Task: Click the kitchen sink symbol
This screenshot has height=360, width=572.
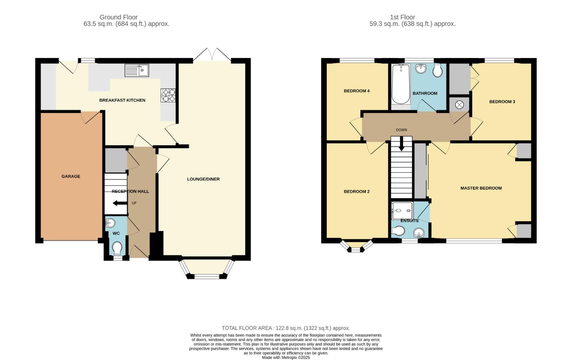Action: tap(137, 70)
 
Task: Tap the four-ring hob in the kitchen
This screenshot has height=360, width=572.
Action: tap(168, 95)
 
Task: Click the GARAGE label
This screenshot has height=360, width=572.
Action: tap(71, 176)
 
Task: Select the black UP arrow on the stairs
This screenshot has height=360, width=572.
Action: tap(118, 203)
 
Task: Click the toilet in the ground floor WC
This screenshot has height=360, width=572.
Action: tap(117, 248)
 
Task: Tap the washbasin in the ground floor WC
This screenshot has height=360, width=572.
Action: tap(110, 222)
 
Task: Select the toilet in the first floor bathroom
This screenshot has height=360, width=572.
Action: tap(437, 70)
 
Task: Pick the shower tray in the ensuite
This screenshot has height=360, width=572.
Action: tap(402, 210)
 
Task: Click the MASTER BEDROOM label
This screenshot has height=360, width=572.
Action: tap(481, 188)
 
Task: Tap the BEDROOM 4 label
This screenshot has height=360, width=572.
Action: tap(357, 91)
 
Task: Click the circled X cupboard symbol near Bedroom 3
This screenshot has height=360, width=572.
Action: tap(459, 105)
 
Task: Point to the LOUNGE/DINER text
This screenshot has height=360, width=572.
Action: tap(203, 179)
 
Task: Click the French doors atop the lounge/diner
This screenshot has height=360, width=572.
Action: tap(212, 55)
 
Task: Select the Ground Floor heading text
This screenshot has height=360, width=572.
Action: tap(118, 17)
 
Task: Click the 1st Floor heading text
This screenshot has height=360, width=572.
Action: tap(402, 17)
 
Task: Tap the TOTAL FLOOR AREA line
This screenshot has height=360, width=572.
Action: tap(286, 328)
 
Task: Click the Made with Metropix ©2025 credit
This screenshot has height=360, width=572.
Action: tap(286, 357)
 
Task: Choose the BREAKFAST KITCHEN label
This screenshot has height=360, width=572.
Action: tap(122, 100)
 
